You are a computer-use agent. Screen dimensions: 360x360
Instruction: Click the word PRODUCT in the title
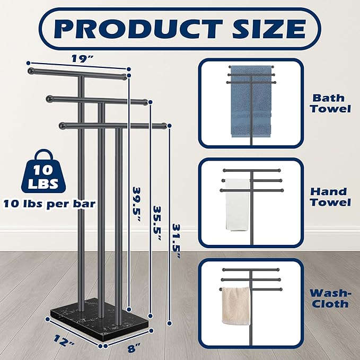point(138,29)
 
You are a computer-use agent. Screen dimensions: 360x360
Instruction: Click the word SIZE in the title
point(269,29)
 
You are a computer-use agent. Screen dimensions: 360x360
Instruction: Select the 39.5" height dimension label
point(137,204)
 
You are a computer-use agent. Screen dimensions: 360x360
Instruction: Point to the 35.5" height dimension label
point(157,223)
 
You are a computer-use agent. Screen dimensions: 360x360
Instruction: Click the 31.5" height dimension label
point(176,241)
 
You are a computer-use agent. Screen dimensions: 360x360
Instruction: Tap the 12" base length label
point(64,341)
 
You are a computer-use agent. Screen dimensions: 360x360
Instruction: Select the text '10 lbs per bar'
point(49,204)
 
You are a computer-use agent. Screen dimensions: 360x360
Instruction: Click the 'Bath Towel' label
point(330,103)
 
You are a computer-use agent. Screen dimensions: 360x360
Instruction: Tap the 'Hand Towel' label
point(330,197)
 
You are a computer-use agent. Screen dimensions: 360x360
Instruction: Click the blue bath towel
point(251,101)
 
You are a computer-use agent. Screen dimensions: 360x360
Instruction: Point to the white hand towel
point(237,204)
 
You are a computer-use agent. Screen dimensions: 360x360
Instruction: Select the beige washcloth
point(236,306)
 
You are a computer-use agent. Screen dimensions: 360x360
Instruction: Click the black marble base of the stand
point(101,321)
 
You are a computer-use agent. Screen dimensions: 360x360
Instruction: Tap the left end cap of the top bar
point(31,71)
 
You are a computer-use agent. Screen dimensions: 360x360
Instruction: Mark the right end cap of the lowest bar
point(163,126)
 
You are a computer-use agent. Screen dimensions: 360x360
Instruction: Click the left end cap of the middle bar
point(49,99)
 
